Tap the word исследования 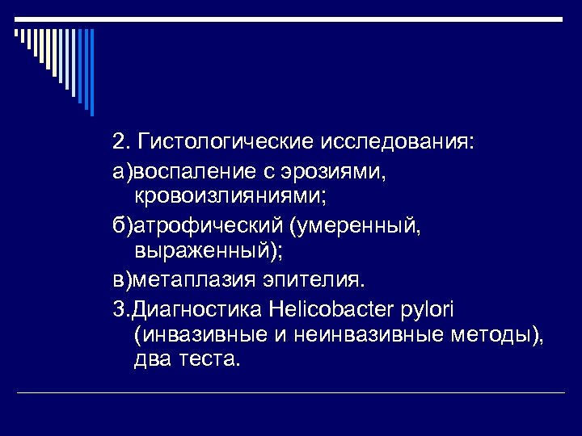point(399,143)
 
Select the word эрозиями point(335,171)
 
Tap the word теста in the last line point(209,359)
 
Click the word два point(153,359)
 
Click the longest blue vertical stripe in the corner point(91,72)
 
